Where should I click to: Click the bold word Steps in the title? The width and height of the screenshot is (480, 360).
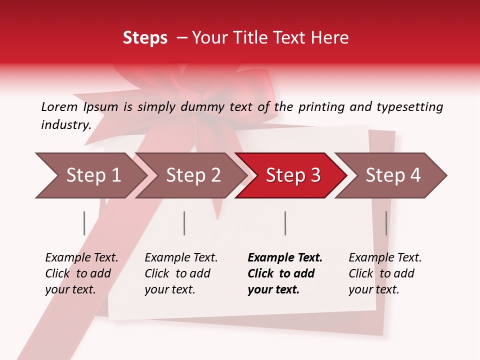point(145,38)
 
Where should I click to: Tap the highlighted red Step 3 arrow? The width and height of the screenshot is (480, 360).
point(293,175)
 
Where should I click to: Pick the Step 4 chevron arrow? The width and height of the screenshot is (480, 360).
point(393,175)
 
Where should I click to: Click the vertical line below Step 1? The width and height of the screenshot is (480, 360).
point(84,223)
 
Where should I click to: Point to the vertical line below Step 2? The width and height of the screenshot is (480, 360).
point(184,223)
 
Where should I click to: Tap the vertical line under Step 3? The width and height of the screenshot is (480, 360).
point(285,223)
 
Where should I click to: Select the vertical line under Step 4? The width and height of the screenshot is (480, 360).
point(386,223)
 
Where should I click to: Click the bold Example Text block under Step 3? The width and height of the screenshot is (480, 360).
point(285,273)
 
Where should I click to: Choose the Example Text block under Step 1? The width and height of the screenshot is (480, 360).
point(81,273)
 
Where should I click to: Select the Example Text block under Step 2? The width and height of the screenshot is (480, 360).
point(181,273)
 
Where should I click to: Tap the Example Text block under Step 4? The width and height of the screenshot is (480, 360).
point(385,273)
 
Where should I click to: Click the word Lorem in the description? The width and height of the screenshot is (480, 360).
point(59,107)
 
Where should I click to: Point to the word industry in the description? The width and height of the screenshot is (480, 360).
point(66,125)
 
